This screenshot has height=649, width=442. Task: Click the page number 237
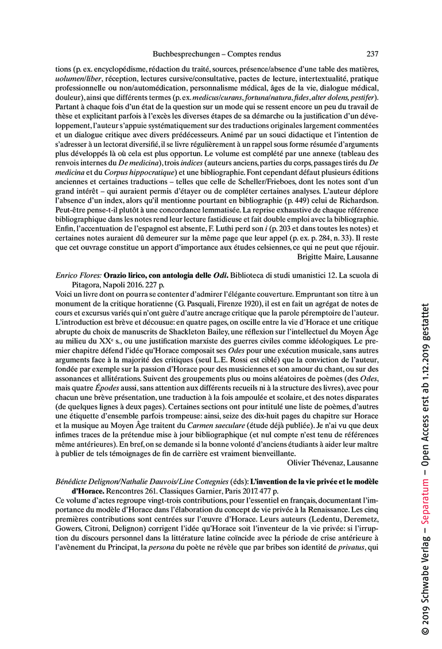[372, 54]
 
